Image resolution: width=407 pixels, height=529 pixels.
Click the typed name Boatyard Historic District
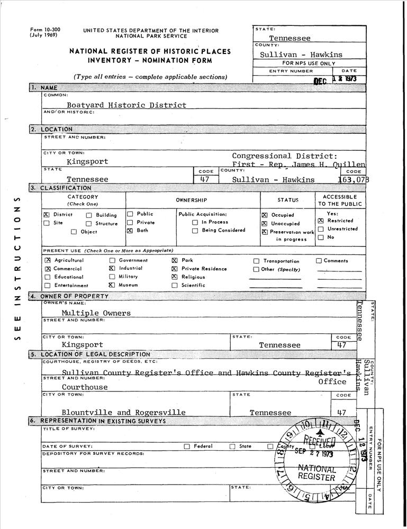click(123, 105)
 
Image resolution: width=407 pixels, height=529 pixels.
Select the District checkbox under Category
click(46, 215)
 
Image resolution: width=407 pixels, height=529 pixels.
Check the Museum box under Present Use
click(112, 285)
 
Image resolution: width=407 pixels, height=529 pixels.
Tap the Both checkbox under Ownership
click(130, 231)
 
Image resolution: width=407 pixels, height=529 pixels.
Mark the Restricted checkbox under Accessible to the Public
click(320, 221)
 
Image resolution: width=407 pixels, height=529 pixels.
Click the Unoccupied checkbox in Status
click(265, 224)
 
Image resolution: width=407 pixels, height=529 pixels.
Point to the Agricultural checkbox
click(48, 260)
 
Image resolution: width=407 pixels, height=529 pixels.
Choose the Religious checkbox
click(174, 277)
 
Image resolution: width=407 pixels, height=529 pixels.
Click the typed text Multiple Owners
click(96, 313)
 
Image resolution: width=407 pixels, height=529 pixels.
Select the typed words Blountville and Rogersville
click(123, 412)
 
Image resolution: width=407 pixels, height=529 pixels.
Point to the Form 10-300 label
click(44, 30)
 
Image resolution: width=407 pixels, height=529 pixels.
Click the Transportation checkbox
click(256, 261)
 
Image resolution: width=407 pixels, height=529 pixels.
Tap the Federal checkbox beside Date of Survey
click(186, 446)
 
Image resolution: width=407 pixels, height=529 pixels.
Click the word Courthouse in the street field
click(84, 387)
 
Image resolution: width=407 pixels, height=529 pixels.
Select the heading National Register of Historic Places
click(150, 51)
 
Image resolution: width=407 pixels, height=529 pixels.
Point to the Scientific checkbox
click(174, 286)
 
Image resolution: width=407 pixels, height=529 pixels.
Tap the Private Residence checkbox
click(174, 269)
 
